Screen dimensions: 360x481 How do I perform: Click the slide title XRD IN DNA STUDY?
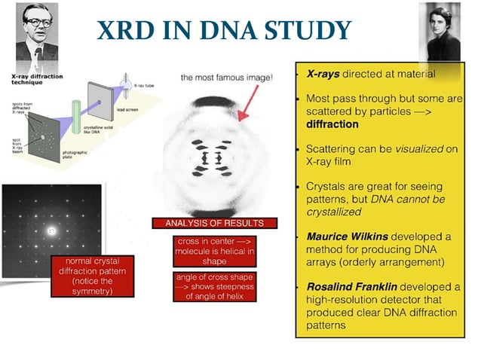pyautogui.click(x=224, y=29)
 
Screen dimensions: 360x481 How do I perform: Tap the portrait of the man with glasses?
pyautogui.click(x=36, y=34)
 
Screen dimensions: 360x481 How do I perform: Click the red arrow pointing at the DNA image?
pyautogui.click(x=248, y=101)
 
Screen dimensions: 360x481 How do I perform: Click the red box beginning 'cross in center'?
pyautogui.click(x=214, y=251)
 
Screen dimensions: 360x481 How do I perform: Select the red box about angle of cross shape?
pyautogui.click(x=214, y=286)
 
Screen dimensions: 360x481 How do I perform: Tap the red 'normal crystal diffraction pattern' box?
pyautogui.click(x=83, y=276)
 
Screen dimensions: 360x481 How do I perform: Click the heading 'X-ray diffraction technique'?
pyautogui.click(x=36, y=80)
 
